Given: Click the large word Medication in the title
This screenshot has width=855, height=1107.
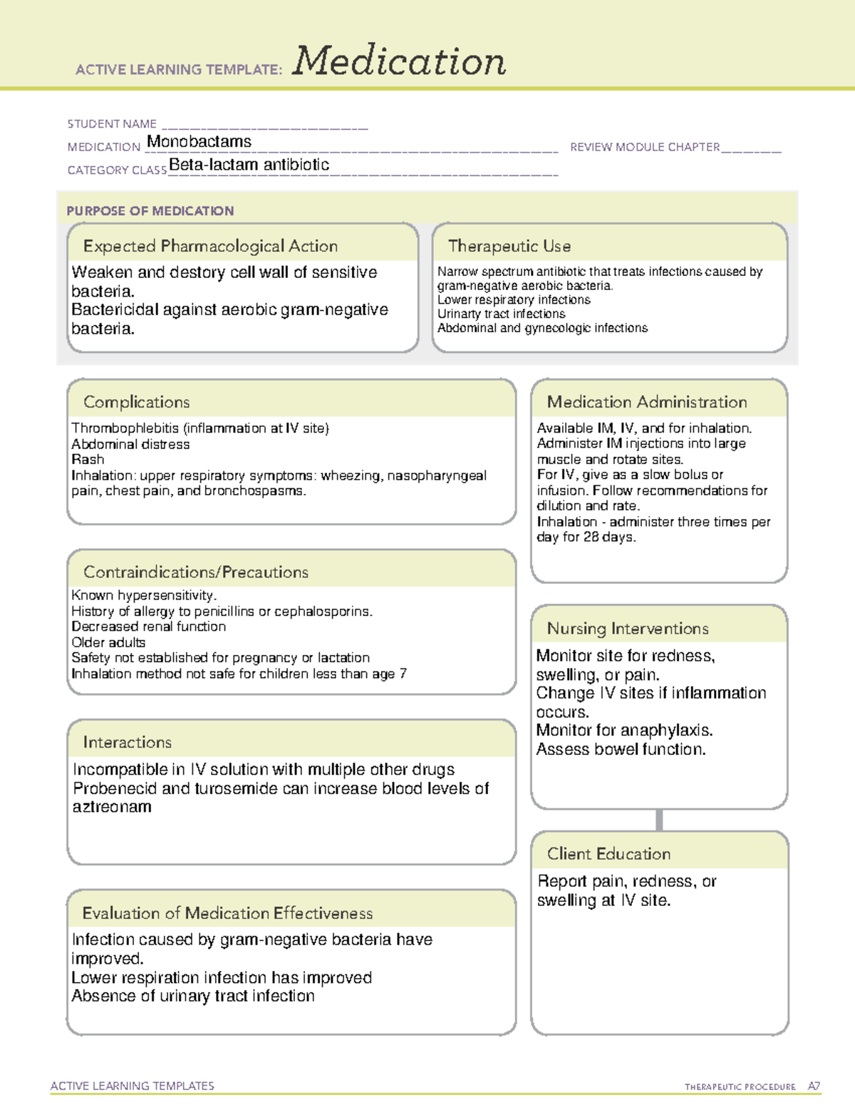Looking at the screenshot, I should (x=399, y=61).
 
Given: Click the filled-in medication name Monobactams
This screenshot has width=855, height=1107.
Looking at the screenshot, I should (x=199, y=142).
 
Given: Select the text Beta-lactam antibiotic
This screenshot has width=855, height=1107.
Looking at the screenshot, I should (x=249, y=165).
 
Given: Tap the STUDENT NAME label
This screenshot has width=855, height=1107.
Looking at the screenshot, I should (x=112, y=124).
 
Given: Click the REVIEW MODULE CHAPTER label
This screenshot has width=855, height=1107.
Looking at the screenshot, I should (x=645, y=147).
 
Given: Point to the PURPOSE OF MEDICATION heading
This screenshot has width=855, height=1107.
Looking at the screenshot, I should (x=150, y=211).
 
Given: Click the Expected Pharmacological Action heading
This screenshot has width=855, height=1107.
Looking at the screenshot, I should (x=210, y=246).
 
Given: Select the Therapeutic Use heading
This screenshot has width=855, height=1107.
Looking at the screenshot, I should (x=509, y=246).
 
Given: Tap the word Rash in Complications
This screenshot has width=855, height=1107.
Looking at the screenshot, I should (x=88, y=460).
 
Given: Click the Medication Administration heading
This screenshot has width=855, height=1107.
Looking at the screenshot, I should (x=646, y=402).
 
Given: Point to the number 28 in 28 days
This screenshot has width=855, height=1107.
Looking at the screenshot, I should (x=591, y=537).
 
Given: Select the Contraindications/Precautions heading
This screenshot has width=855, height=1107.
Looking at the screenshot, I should (x=195, y=572).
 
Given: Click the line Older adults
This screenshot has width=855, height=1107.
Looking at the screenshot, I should (x=108, y=642).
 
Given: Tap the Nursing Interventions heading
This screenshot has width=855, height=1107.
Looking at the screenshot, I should (x=627, y=629).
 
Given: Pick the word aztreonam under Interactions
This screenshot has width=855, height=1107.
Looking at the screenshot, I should (x=112, y=807).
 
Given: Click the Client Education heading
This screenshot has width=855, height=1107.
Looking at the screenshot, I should (x=608, y=854).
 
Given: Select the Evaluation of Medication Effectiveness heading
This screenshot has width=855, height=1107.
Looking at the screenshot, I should (x=227, y=913).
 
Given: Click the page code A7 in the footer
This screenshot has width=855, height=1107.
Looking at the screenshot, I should (x=814, y=1086).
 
